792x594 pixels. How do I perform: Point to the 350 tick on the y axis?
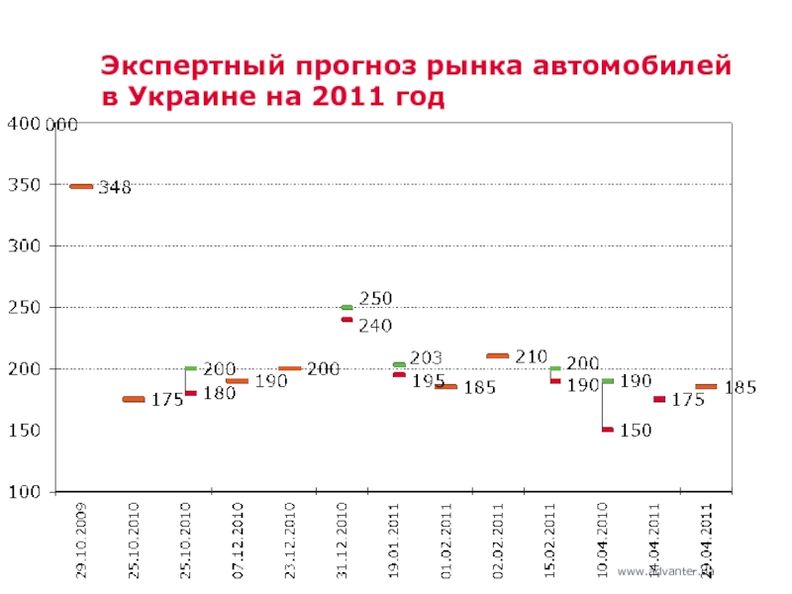click(x=25, y=185)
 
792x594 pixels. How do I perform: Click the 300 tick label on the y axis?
click(x=25, y=246)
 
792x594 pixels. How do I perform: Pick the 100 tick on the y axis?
click(x=25, y=491)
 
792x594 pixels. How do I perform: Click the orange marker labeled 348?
click(x=81, y=186)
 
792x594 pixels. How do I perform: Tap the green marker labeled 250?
click(x=346, y=307)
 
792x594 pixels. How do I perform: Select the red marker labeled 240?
click(x=346, y=320)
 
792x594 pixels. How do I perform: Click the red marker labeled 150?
click(x=607, y=430)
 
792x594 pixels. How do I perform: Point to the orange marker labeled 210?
click(x=497, y=355)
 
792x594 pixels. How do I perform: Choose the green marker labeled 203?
click(x=399, y=364)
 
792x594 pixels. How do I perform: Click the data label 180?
click(x=219, y=394)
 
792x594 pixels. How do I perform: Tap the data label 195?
click(x=427, y=380)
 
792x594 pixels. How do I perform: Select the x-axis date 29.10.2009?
click(x=82, y=541)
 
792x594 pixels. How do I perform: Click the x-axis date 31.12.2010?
click(x=343, y=541)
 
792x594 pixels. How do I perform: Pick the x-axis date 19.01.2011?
click(x=394, y=541)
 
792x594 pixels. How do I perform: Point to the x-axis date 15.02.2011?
click(x=550, y=541)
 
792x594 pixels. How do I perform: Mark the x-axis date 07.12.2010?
click(x=238, y=541)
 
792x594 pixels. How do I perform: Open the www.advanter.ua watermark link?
click(x=665, y=571)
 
